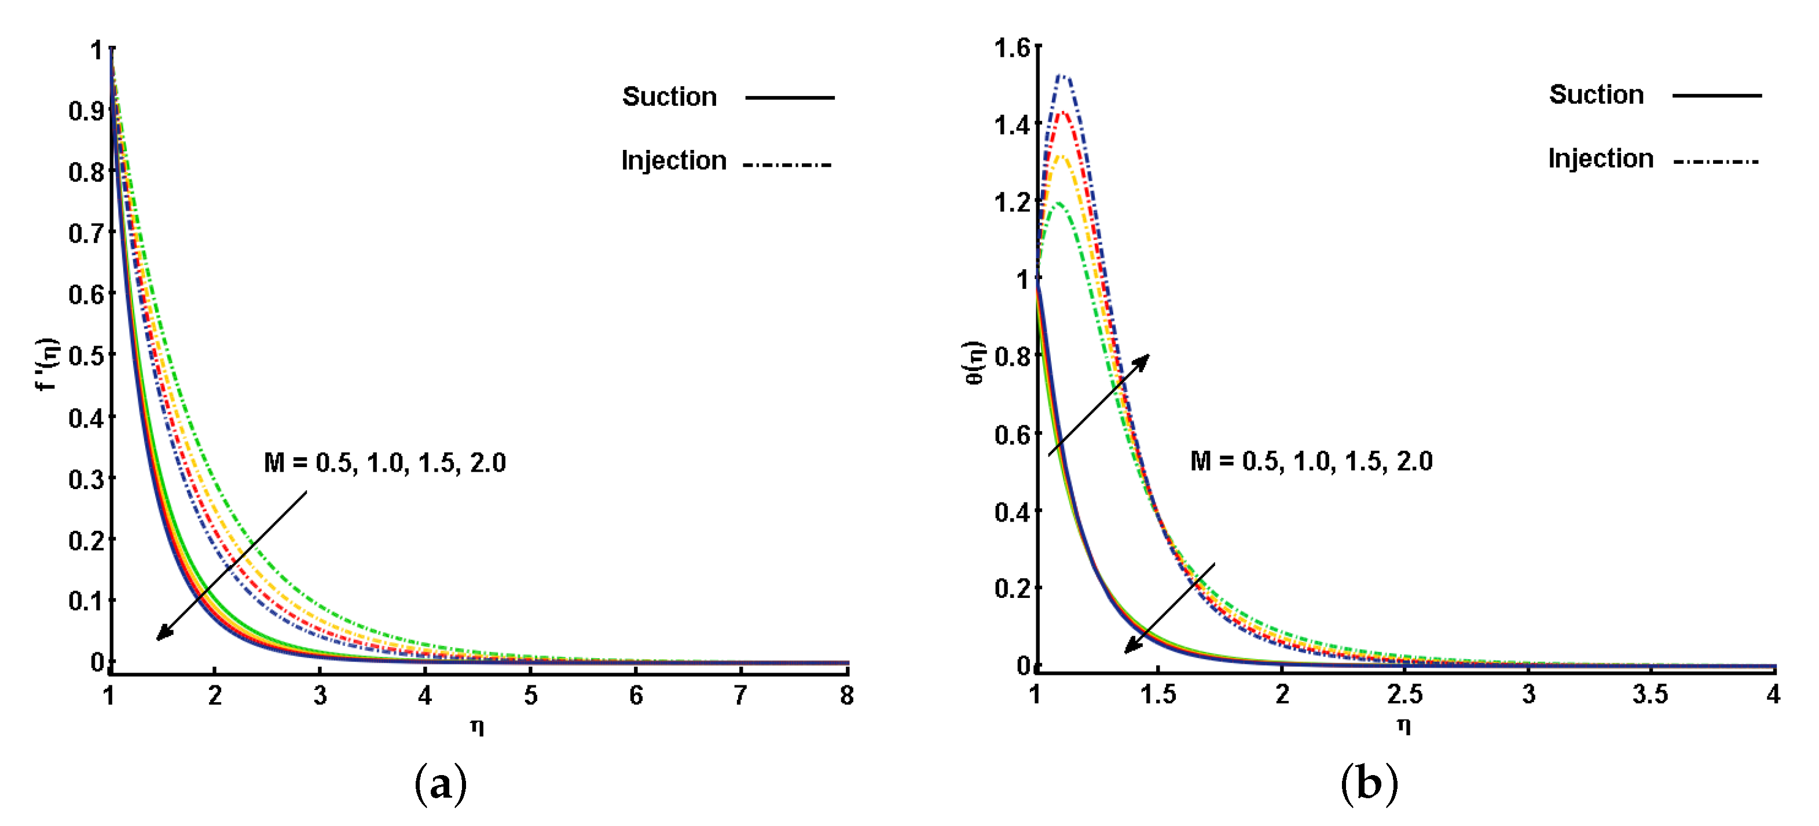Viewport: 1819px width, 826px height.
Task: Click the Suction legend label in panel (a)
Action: pos(669,97)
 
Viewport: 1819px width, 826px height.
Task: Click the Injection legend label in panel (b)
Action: pos(1600,159)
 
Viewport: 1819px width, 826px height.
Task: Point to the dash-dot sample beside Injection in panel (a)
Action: pos(787,164)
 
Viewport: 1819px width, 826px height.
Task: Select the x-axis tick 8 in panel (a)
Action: pos(846,696)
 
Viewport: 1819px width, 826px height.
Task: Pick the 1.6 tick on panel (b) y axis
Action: pos(1012,48)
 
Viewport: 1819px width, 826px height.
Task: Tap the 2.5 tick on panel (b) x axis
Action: pos(1404,695)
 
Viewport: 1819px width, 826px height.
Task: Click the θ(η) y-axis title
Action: pos(974,363)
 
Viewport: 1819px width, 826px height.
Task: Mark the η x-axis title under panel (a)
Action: pos(478,726)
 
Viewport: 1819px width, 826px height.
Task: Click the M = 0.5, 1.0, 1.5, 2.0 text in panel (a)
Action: pos(385,463)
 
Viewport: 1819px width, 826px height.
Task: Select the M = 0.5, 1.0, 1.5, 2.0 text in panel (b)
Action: pos(1311,462)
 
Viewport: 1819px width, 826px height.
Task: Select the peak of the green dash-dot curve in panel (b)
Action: pos(1057,203)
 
